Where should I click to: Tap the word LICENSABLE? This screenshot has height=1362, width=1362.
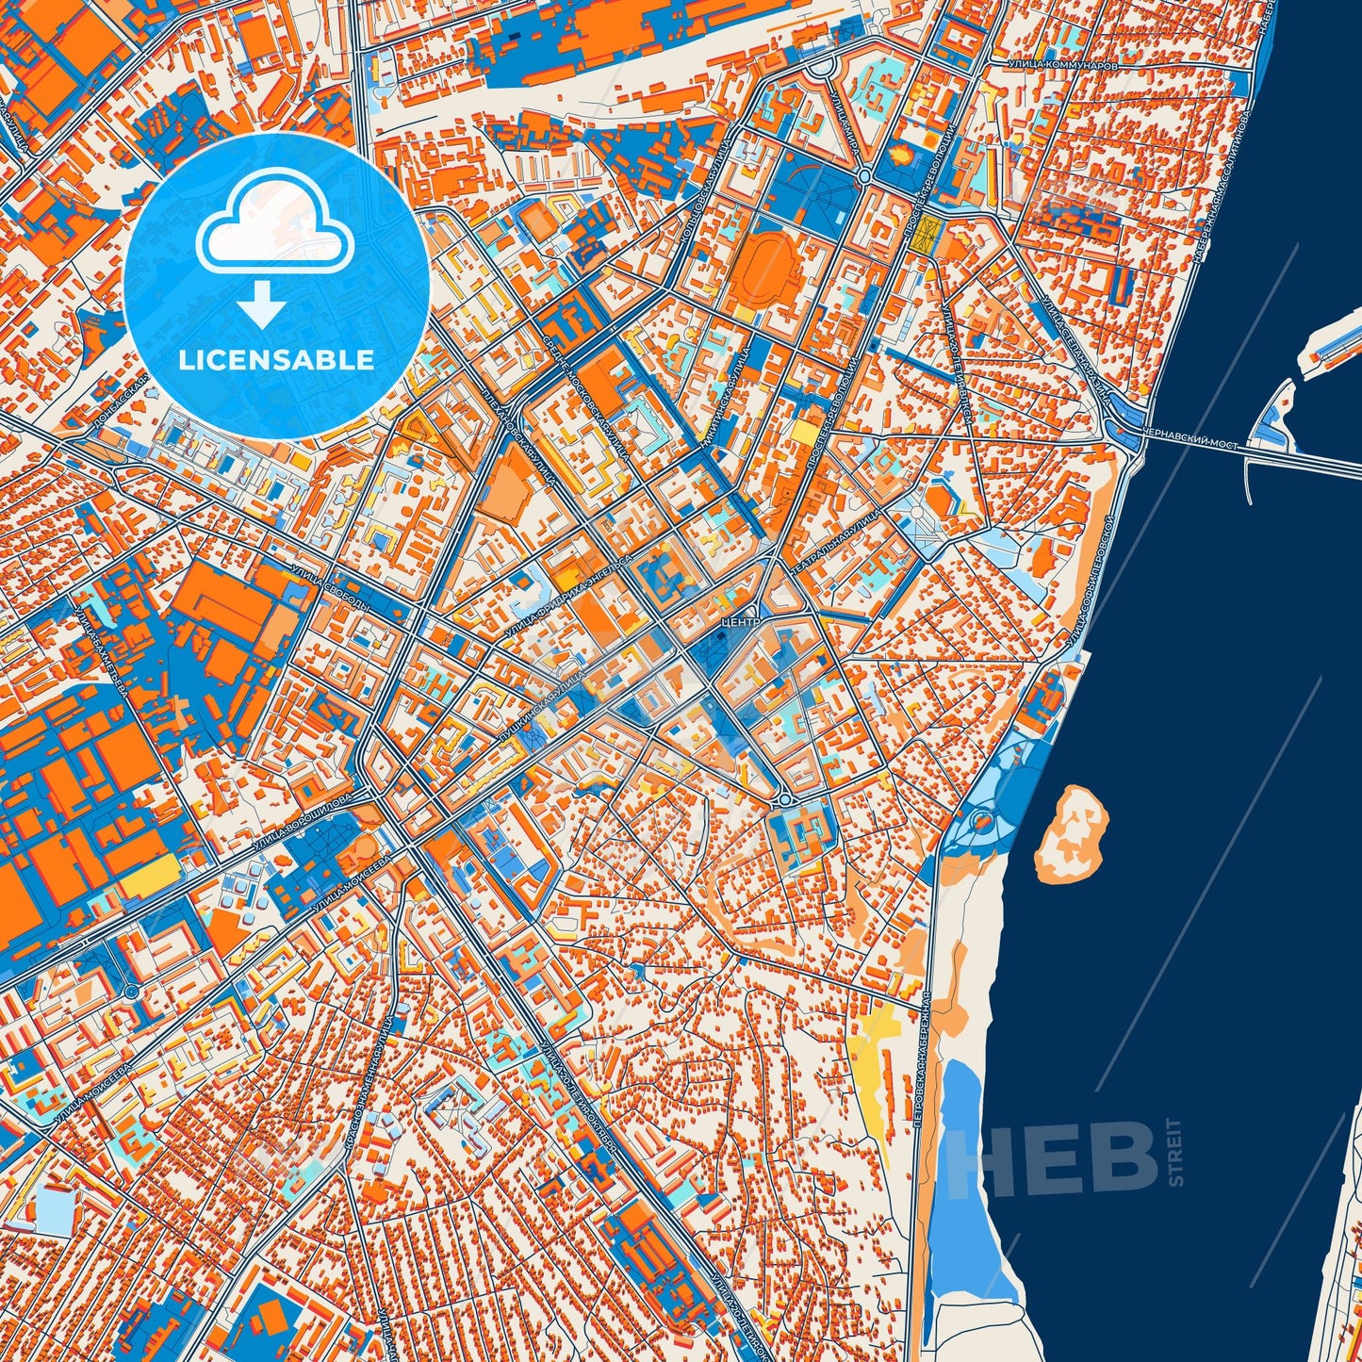coord(276,359)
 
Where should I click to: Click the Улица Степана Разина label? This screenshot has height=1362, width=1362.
coord(1074,349)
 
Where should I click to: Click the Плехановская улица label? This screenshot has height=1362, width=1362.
coord(517,435)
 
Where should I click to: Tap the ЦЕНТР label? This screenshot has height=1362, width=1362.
coord(738,623)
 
